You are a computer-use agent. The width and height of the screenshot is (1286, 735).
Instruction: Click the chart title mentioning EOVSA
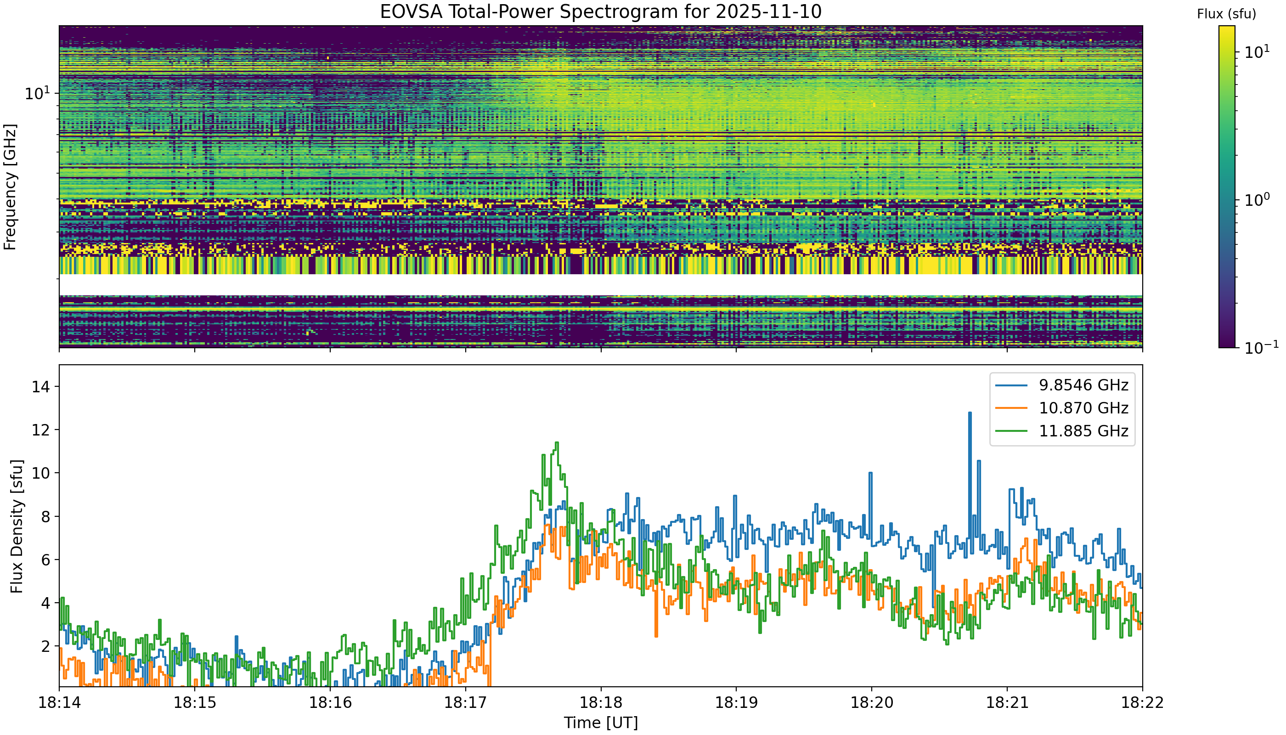(x=601, y=11)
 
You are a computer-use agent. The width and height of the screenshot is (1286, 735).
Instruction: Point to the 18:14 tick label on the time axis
(x=59, y=703)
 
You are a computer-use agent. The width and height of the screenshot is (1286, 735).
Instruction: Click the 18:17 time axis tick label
(x=465, y=703)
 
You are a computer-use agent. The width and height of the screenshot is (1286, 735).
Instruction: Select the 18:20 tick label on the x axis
(x=872, y=703)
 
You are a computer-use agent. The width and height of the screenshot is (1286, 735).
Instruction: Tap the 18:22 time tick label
(x=1143, y=703)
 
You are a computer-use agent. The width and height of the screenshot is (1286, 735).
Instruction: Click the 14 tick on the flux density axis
(x=39, y=387)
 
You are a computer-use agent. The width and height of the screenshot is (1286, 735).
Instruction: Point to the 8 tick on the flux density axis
(x=43, y=517)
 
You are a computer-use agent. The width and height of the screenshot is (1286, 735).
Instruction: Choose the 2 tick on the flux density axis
(x=43, y=647)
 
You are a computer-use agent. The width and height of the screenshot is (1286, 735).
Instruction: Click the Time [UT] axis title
(x=601, y=723)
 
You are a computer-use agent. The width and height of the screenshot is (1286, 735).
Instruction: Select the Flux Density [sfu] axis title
(x=17, y=526)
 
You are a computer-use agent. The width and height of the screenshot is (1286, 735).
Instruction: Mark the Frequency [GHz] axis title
(x=10, y=187)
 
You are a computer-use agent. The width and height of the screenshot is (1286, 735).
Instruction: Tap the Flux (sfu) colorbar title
(x=1226, y=14)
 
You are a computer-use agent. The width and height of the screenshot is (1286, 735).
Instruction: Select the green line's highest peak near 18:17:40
(x=557, y=443)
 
